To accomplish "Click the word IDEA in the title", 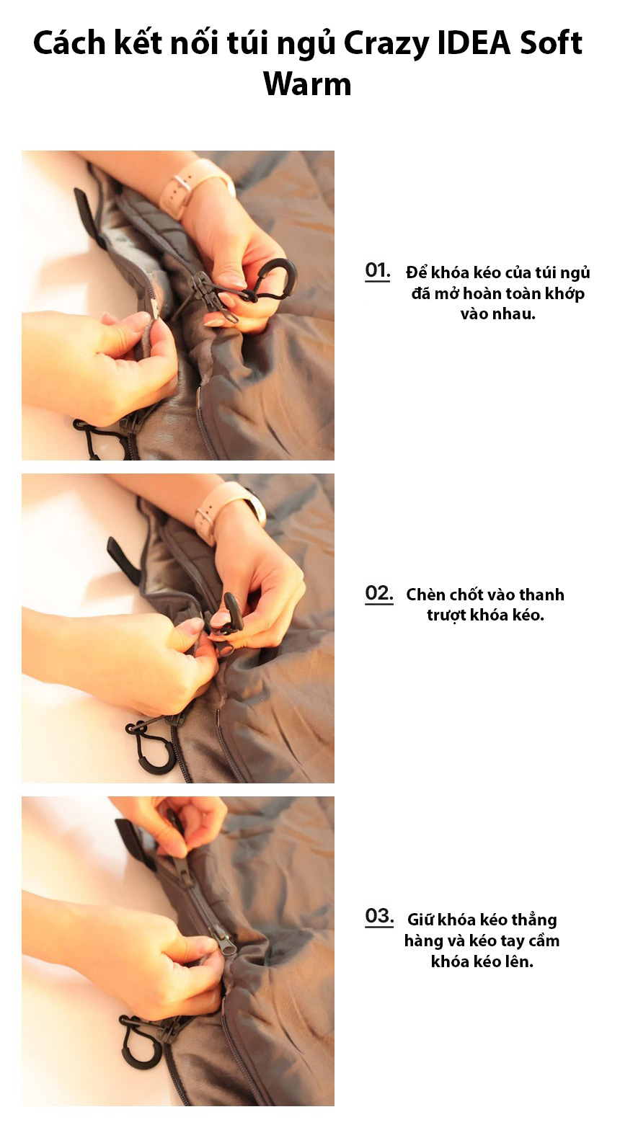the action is click(474, 43).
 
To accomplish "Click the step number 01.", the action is click(378, 270).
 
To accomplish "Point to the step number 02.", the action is click(379, 593).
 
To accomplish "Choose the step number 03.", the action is click(379, 916).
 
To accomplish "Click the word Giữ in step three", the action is click(420, 920).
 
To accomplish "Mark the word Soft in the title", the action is click(551, 43).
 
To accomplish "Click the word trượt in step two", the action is click(446, 615).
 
